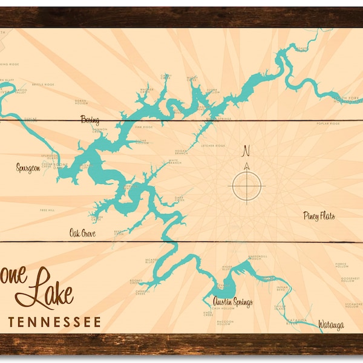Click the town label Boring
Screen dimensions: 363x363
pos(90,120)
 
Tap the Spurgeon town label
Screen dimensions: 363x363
pos(28,168)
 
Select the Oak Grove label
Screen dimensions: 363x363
pos(82,232)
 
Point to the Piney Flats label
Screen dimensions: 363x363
pos(319,216)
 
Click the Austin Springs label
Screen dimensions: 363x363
pos(232,302)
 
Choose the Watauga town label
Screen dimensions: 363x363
pos(332,325)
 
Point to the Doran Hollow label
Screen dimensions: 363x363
pos(81,102)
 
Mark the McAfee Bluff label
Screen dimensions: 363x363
pos(151,261)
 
